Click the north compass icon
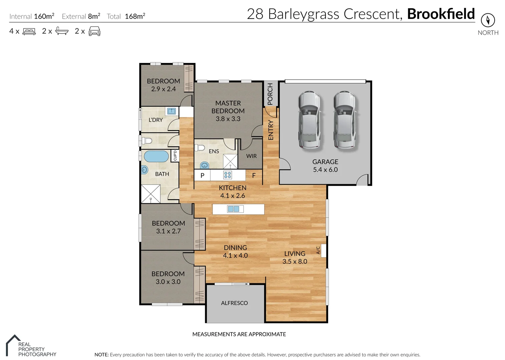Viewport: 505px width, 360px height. pos(488,20)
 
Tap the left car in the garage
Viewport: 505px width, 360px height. pos(309,120)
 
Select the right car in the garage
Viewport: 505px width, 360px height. pos(345,120)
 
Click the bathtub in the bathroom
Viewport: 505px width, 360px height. pos(156,156)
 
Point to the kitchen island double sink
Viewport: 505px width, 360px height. pos(233,209)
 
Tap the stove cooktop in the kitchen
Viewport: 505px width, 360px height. pos(227,175)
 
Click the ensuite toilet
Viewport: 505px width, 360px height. pos(200,148)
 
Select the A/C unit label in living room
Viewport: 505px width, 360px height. pos(318,250)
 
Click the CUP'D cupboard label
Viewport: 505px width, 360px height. pos(175,156)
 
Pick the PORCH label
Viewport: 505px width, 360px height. pos(270,94)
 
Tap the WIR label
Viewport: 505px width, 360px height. pos(251,156)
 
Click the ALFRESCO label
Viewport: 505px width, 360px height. pos(234,303)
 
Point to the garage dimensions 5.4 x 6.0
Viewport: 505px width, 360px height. pos(325,170)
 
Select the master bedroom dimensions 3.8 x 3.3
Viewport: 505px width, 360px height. pos(228,119)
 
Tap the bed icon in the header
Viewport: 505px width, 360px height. pos(29,32)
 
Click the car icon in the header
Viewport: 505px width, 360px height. pos(94,32)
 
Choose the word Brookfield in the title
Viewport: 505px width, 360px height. pos(441,14)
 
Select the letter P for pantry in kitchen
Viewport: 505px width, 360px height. pos(202,175)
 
